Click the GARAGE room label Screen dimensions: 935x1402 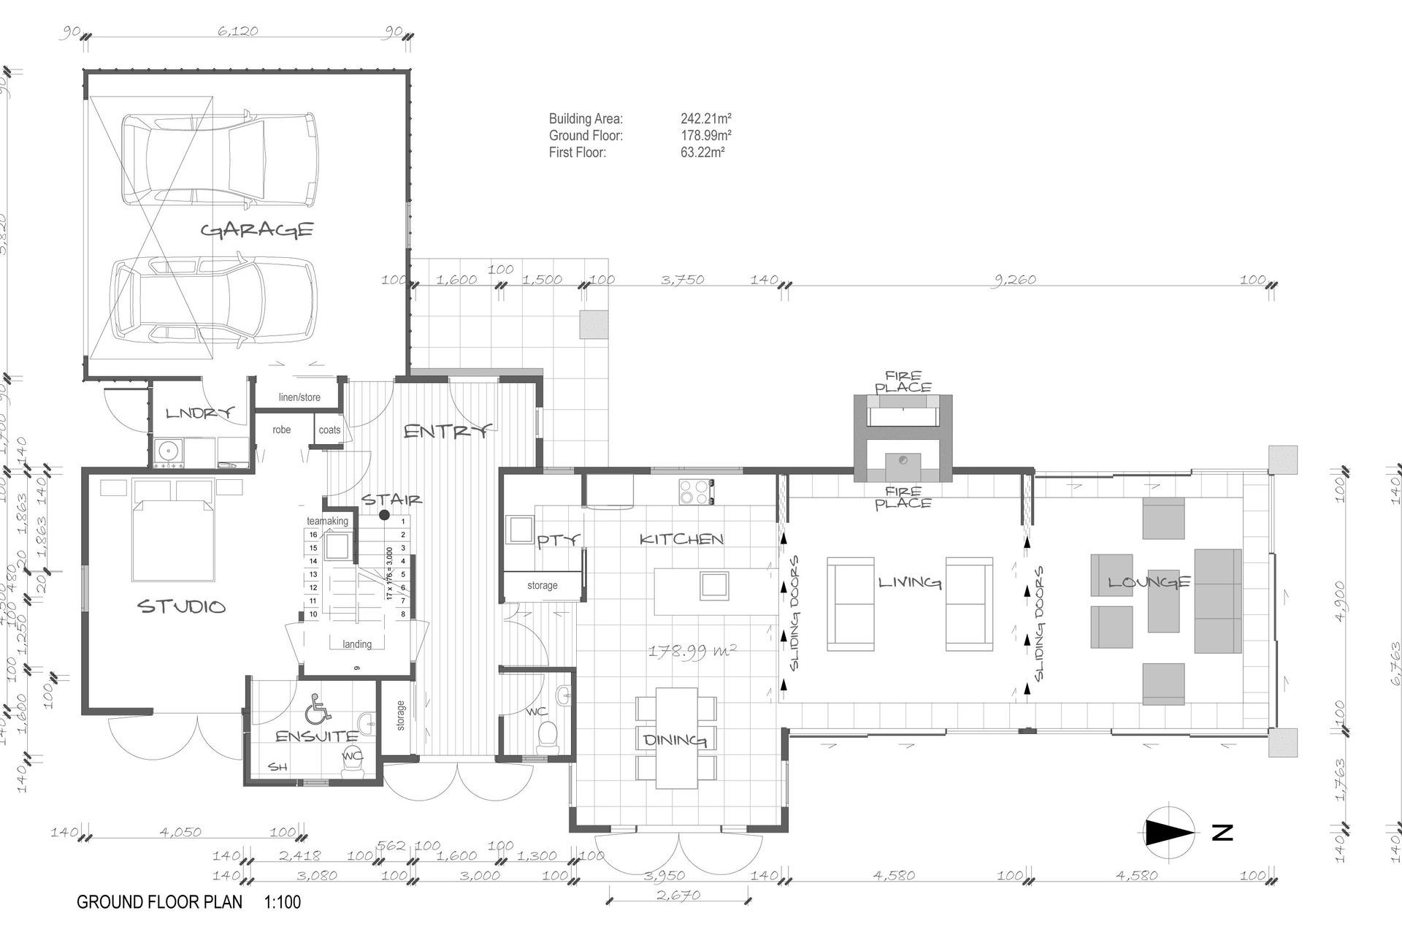(257, 230)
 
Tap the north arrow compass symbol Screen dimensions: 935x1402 (1170, 832)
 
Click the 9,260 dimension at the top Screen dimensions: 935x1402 (1016, 279)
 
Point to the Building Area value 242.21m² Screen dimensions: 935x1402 (706, 118)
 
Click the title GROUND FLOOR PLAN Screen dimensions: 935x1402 (159, 902)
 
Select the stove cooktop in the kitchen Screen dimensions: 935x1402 (696, 491)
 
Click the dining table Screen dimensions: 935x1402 (676, 738)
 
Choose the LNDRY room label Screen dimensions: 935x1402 (199, 413)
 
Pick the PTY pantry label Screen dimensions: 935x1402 (559, 541)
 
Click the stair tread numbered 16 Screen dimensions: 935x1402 (313, 535)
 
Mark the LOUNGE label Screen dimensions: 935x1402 (1149, 582)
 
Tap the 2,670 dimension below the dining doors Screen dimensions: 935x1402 (678, 895)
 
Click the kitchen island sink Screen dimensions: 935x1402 (713, 585)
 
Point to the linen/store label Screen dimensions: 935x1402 (299, 397)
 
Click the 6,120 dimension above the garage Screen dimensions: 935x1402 (238, 31)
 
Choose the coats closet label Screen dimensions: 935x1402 (329, 430)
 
